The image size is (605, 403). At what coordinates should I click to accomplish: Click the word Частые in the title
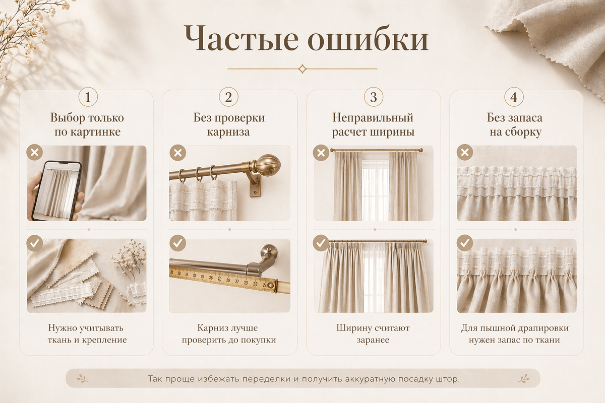click(x=241, y=38)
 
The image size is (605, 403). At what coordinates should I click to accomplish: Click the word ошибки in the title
click(x=368, y=38)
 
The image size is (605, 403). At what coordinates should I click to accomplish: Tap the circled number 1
click(x=88, y=97)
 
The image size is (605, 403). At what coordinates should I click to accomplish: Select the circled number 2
click(x=228, y=97)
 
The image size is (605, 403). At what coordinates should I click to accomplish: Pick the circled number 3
click(x=374, y=97)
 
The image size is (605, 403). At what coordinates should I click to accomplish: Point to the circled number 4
click(x=514, y=97)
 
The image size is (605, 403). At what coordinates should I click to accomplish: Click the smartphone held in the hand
click(x=56, y=190)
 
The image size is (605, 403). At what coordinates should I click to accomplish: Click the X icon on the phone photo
click(x=35, y=153)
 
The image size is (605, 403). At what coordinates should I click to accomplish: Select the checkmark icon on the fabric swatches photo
click(x=35, y=243)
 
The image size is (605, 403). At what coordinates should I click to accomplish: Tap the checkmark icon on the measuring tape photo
click(x=177, y=243)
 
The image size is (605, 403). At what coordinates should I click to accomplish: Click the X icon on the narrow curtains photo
click(x=321, y=153)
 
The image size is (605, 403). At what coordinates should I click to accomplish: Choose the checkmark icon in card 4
click(x=465, y=243)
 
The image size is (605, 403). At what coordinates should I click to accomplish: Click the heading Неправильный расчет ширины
click(x=373, y=125)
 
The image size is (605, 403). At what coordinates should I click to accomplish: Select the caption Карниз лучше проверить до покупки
click(x=229, y=334)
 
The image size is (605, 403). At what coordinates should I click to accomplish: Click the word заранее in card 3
click(x=373, y=340)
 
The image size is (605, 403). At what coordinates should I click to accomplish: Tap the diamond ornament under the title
click(x=302, y=69)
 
